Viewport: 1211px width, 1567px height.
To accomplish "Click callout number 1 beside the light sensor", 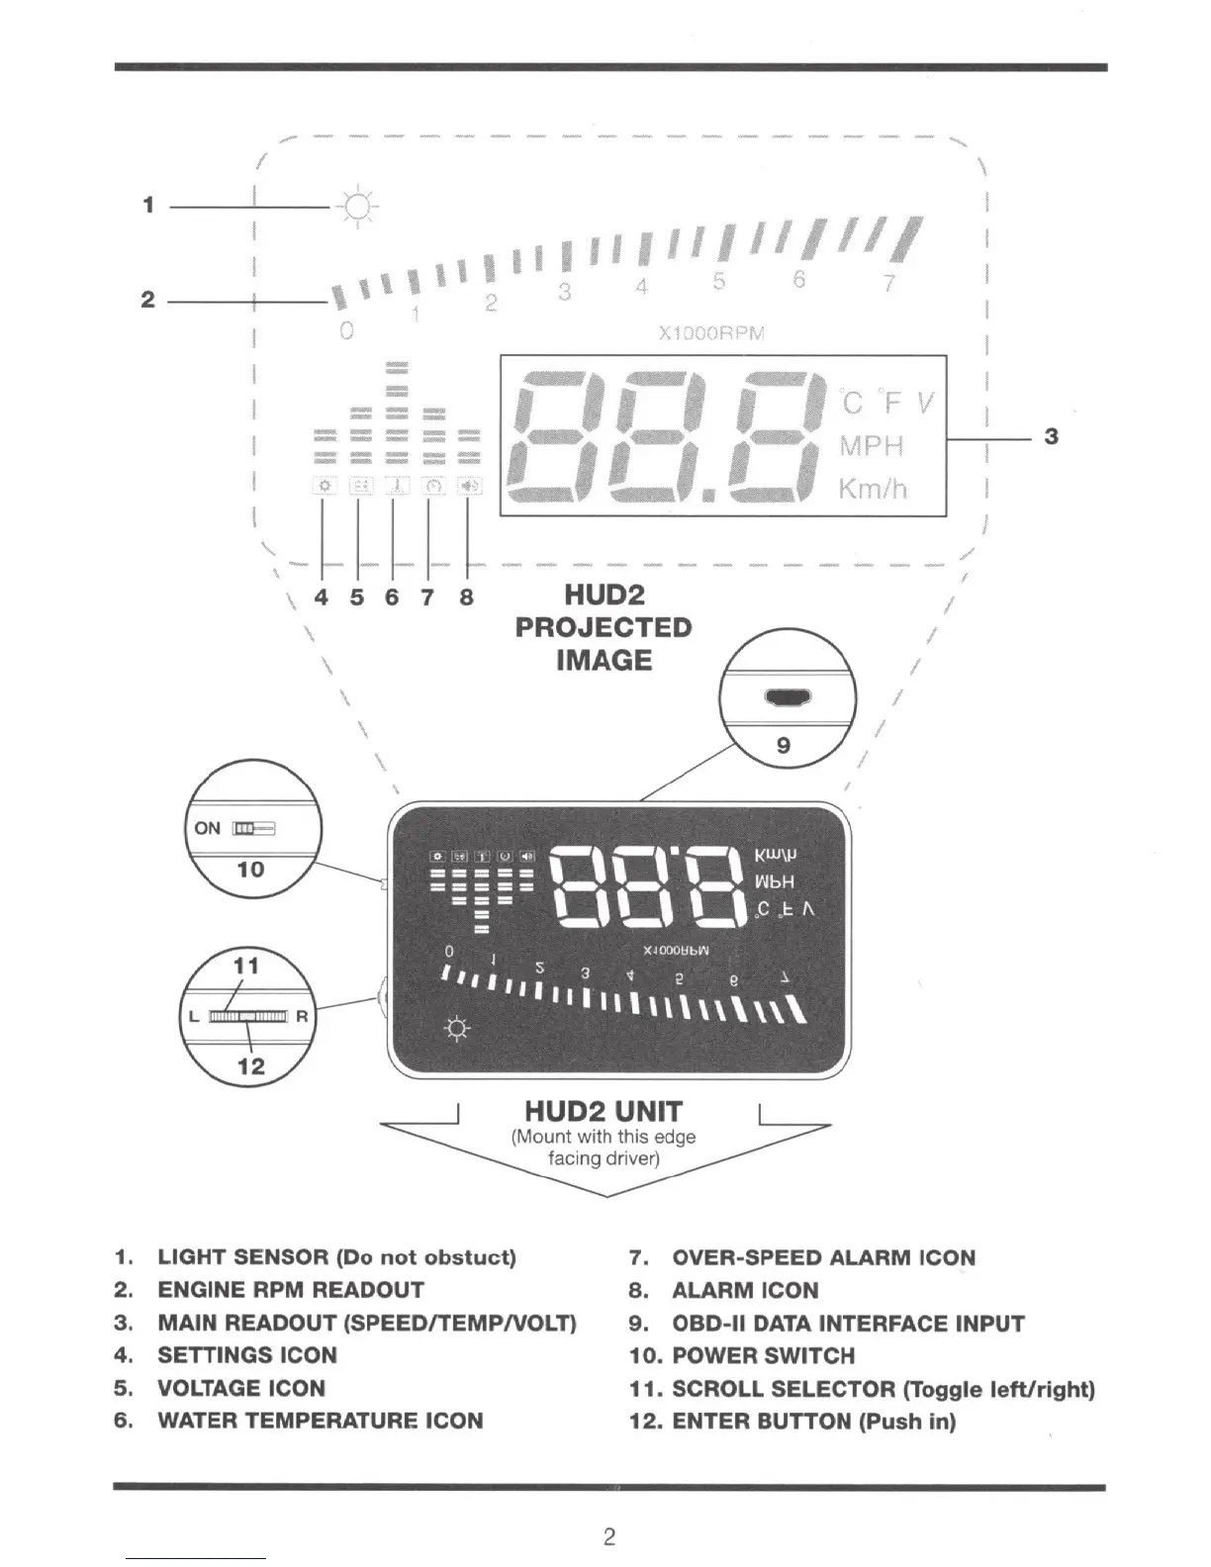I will point(148,206).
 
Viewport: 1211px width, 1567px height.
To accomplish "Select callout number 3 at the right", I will point(1052,436).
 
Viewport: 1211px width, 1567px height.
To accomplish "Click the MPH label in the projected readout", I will point(872,446).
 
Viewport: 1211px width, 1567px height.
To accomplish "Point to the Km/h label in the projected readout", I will point(873,489).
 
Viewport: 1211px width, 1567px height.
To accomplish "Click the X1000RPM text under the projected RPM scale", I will point(711,333).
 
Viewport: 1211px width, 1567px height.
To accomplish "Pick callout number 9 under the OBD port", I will point(784,745).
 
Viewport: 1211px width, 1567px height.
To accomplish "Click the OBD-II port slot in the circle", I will point(789,698).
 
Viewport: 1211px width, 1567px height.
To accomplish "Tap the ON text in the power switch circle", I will point(208,828).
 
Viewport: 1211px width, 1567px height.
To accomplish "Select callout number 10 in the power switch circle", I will point(250,870).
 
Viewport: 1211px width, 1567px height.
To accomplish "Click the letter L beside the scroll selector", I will point(195,1017).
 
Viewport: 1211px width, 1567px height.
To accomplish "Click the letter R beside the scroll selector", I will point(302,1017).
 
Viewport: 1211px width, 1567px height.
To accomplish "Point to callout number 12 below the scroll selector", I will point(251,1065).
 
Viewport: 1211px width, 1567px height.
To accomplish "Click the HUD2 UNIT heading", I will point(604,1112).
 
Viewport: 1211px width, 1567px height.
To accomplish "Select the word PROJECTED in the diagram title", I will point(604,628).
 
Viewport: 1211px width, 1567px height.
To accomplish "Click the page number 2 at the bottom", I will point(609,1536).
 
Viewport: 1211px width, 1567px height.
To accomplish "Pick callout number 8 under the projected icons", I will point(466,598).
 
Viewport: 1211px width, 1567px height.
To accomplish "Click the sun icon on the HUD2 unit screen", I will point(457,1029).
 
